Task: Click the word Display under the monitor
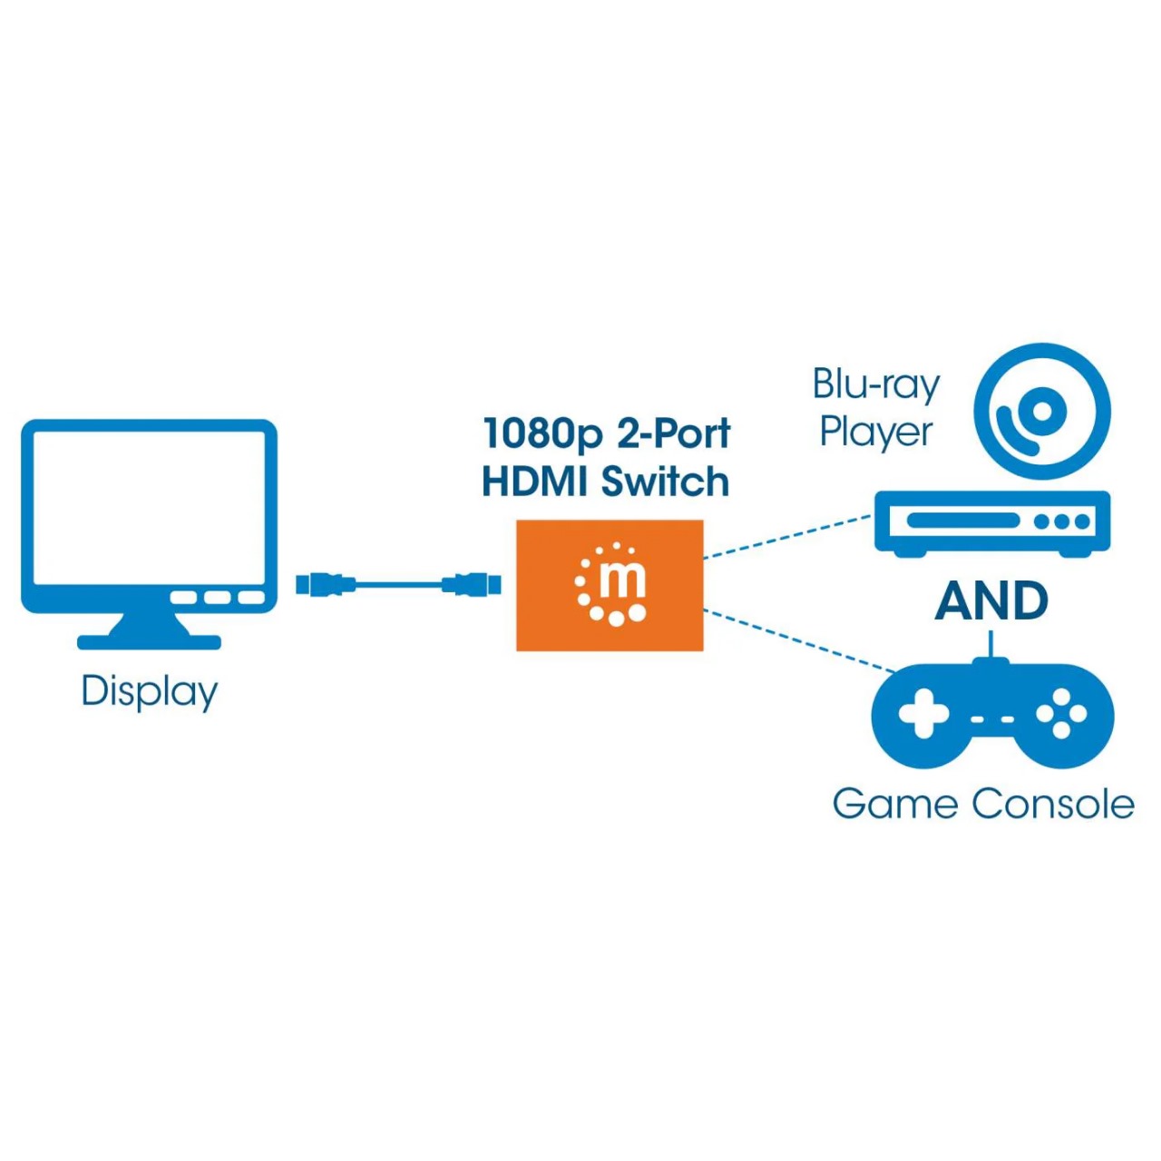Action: (150, 691)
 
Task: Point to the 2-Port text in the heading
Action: (673, 434)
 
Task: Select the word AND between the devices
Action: (991, 601)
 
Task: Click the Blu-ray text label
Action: (875, 384)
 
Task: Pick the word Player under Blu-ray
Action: (875, 432)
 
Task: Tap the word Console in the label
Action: (1053, 805)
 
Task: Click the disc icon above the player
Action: (1042, 412)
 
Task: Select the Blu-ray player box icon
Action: (991, 523)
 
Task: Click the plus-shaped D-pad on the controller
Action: (922, 713)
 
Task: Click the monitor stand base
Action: (149, 642)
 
